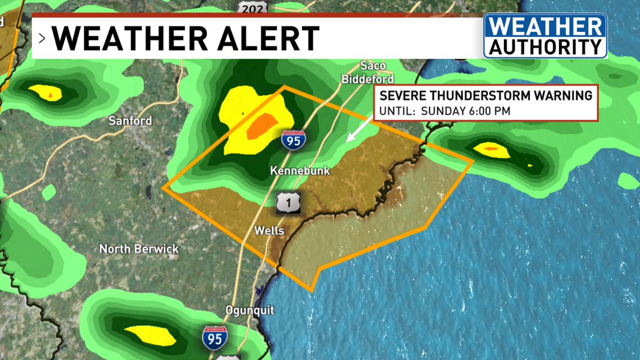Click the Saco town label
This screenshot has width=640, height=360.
coord(369,67)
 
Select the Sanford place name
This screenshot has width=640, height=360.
coord(130,121)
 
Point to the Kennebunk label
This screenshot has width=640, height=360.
coord(300,171)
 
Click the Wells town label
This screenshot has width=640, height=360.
coord(269,231)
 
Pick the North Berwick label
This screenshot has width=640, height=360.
coord(139,249)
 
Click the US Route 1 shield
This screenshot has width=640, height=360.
coord(289,202)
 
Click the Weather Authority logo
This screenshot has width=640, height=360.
coord(545,36)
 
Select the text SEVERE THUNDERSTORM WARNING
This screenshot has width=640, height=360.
coord(485,96)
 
